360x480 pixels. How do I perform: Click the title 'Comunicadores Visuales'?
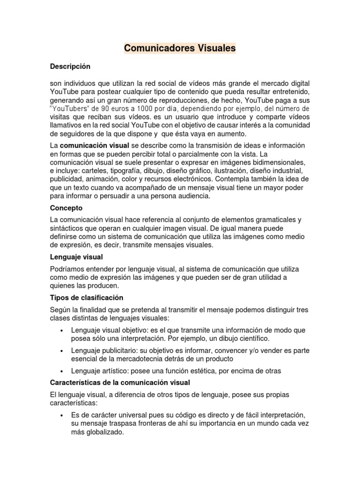180,48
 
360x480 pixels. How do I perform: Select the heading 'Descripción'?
70,67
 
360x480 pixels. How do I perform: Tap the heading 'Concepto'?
66,207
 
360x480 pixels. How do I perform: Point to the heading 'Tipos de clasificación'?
86,297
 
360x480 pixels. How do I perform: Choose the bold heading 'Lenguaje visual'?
76,257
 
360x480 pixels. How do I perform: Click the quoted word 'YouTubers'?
70,109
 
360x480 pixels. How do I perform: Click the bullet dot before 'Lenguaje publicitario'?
63,351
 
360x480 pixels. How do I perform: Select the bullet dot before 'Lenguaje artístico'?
63,371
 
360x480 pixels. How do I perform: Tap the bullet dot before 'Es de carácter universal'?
63,416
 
